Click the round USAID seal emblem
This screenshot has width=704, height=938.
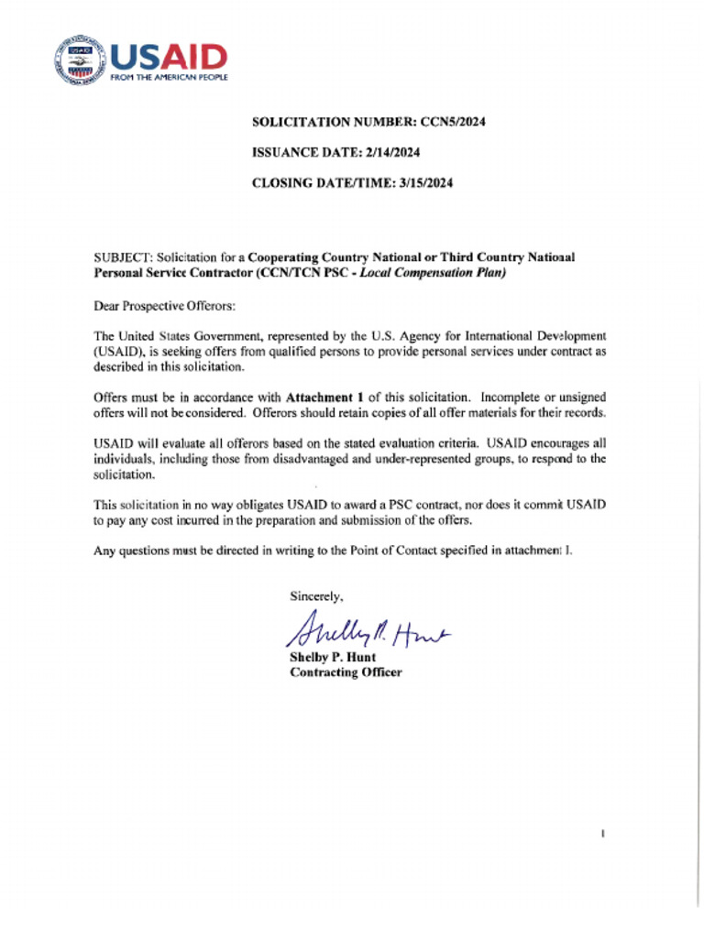point(80,61)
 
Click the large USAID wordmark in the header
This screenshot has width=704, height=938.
point(169,57)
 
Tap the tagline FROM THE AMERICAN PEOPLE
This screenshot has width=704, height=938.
point(169,78)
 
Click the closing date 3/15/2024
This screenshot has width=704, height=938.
point(426,182)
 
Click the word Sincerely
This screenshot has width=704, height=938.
point(316,595)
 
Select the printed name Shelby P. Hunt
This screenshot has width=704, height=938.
point(333,658)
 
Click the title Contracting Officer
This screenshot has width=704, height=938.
point(346,672)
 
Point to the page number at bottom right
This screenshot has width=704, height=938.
point(602,834)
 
